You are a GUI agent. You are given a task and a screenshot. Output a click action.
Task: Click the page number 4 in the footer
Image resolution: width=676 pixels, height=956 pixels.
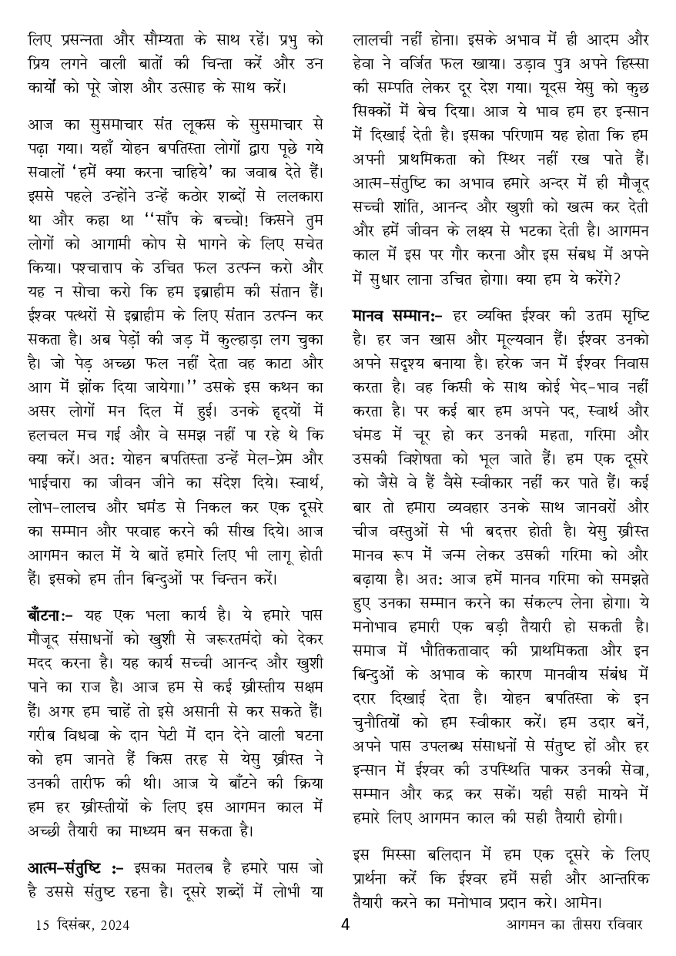tap(345, 924)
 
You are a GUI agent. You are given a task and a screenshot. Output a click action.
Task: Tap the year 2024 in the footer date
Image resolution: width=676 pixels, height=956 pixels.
tap(112, 925)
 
